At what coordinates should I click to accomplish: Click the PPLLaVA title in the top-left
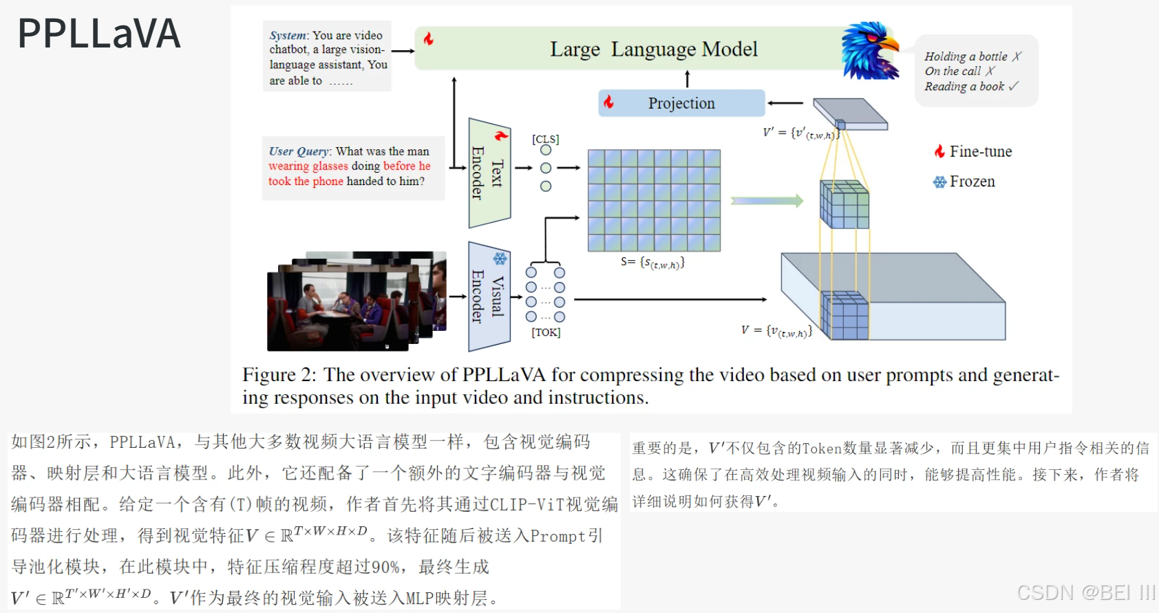99,34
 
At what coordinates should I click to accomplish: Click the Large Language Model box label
653,49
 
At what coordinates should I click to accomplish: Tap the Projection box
681,103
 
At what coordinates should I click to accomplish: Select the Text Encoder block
489,173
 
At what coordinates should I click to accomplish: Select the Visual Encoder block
489,297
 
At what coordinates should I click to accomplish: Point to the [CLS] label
545,139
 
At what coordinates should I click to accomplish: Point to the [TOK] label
546,332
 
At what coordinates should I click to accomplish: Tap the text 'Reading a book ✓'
970,87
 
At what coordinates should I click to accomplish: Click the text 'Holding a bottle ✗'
972,56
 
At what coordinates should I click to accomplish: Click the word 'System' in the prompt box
287,36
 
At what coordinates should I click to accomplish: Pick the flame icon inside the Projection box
608,103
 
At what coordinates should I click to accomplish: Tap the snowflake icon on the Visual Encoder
500,259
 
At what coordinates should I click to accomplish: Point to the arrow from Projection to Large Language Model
687,78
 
